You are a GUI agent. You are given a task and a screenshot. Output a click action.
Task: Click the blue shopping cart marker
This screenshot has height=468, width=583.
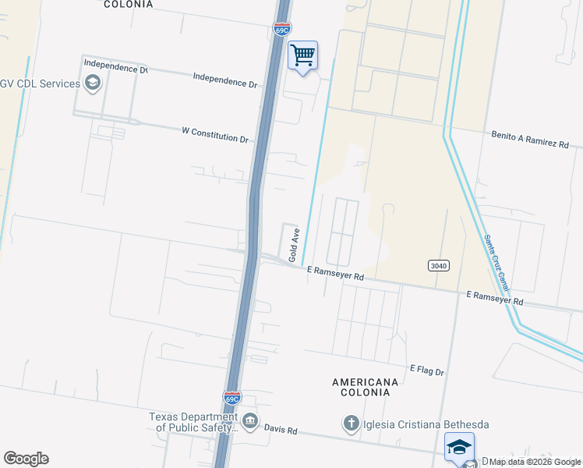pos(302,56)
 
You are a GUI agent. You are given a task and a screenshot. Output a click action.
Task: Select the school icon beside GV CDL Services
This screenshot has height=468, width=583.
pos(93,83)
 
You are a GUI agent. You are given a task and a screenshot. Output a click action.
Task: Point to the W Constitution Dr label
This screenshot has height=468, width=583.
pos(214,136)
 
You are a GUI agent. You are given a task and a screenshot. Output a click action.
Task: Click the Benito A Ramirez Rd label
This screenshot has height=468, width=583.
pos(530,140)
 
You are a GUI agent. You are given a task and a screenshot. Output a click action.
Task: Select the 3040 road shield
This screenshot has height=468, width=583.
pos(439,266)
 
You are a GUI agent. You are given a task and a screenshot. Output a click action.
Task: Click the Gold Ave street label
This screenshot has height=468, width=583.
pos(295,245)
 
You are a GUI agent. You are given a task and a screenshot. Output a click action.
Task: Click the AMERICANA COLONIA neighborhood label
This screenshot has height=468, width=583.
pos(365,388)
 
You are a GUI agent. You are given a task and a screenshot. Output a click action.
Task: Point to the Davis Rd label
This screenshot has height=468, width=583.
pos(281,430)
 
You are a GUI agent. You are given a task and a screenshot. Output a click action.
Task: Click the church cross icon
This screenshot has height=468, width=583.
pos(351,424)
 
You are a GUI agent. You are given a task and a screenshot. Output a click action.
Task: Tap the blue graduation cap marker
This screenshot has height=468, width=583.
pos(459,447)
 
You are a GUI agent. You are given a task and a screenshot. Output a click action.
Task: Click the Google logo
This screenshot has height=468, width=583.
pos(26,459)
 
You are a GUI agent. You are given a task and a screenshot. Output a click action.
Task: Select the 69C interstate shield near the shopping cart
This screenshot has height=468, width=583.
pos(282,29)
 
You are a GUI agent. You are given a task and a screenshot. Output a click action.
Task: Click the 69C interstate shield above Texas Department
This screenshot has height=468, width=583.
pos(232,398)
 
